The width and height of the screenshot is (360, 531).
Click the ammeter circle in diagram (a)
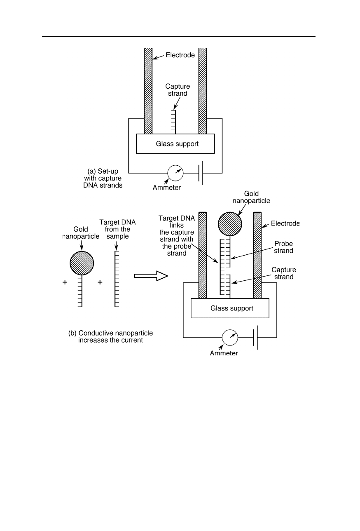175,173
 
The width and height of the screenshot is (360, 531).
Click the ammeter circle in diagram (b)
230,337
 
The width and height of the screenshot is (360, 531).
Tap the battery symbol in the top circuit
201,173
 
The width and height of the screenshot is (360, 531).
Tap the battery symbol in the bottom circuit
255,337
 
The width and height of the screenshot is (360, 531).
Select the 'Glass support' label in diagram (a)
177,143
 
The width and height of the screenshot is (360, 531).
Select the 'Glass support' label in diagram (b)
232,308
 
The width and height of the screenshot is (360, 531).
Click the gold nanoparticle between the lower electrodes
230,224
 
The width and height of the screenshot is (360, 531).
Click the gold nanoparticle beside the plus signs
82,263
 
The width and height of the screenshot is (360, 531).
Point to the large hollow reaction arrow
151,276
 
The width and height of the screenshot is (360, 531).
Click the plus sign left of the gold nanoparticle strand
65,282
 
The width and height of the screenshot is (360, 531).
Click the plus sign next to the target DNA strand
100,282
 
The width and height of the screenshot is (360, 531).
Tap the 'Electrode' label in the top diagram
180,55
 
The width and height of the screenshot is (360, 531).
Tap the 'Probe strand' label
283,247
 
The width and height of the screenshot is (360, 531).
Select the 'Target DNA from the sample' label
117,229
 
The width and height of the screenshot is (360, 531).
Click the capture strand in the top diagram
174,122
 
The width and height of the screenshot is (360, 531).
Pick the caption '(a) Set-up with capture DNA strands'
103,178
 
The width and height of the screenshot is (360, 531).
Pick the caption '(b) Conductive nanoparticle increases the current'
110,336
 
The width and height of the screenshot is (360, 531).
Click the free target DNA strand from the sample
117,279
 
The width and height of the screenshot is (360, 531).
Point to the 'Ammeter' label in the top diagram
166,188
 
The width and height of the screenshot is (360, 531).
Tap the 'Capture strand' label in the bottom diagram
284,273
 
